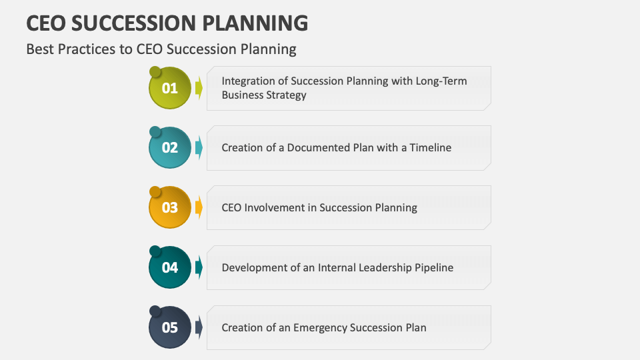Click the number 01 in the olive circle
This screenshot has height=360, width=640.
170,88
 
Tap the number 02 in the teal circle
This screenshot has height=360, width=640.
170,148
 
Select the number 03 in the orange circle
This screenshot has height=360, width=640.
170,208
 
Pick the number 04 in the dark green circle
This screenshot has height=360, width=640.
170,267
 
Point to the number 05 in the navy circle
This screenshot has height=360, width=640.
170,327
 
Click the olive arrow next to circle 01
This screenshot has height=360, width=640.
199,88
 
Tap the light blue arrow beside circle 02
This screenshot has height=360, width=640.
199,148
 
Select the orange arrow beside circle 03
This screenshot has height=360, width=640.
199,208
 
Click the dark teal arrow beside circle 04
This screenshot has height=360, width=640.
199,267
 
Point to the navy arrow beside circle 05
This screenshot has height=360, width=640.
199,327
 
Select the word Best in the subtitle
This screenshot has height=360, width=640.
39,49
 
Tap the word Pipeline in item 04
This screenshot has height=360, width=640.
431,267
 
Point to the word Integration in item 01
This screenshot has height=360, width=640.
249,81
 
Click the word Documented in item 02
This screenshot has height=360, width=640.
319,147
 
